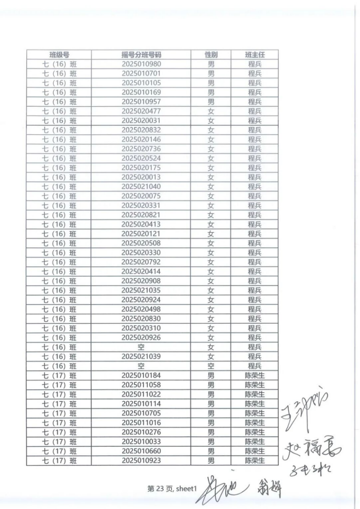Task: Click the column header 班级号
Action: click(x=59, y=55)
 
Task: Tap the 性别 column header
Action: click(x=211, y=55)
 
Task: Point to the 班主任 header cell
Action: click(x=255, y=55)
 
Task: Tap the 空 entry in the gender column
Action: click(x=211, y=366)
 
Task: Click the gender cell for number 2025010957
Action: click(x=211, y=101)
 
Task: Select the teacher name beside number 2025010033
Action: click(x=255, y=441)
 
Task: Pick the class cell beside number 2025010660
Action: click(x=59, y=451)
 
